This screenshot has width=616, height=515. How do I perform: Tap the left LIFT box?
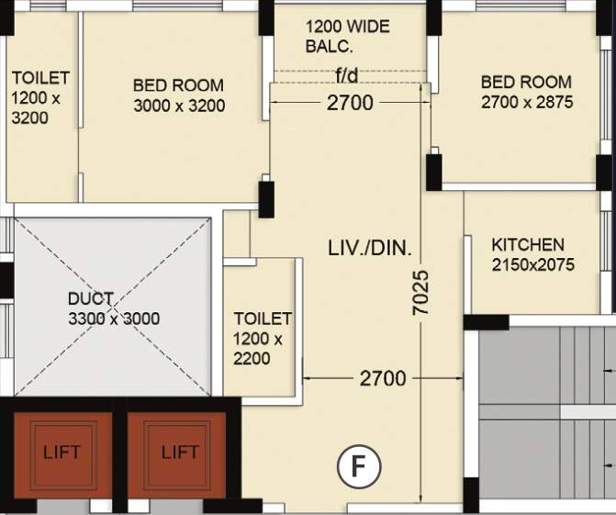pos(62,452)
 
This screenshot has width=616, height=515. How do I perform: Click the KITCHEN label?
pos(528,244)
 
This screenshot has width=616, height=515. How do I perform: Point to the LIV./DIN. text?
pos(370,248)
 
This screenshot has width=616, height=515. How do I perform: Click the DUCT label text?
pos(91,299)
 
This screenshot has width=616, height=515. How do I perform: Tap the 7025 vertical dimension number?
pos(421,294)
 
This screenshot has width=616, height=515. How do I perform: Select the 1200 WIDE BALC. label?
pos(348,36)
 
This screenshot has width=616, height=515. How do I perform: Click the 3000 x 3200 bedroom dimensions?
pos(179,106)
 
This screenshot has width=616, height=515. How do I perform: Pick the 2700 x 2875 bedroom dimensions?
pos(527,102)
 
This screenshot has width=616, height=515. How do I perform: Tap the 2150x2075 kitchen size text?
pos(532,264)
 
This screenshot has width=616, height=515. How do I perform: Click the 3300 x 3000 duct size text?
pos(114,319)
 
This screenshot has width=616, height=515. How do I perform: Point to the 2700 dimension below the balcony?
pos(351,103)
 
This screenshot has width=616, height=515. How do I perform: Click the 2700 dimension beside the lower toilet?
pos(383,377)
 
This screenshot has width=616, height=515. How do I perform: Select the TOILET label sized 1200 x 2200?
pos(262,319)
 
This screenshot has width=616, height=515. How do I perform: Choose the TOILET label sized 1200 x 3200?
pos(39,78)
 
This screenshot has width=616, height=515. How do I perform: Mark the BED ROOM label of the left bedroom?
pos(178,85)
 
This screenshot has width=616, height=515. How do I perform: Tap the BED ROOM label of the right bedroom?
pos(526,82)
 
